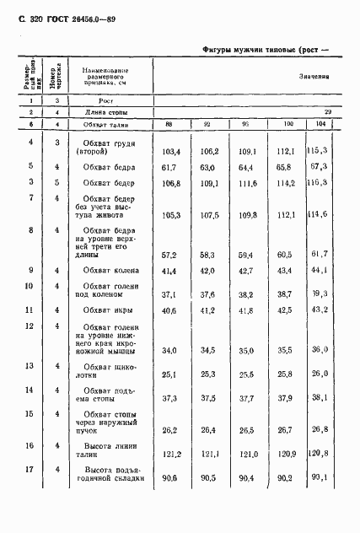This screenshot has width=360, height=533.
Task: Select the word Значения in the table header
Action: point(313,76)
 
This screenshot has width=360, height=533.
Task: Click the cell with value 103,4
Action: point(171,152)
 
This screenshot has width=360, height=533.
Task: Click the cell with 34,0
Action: point(171,350)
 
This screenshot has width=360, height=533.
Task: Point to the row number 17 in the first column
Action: point(30,469)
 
